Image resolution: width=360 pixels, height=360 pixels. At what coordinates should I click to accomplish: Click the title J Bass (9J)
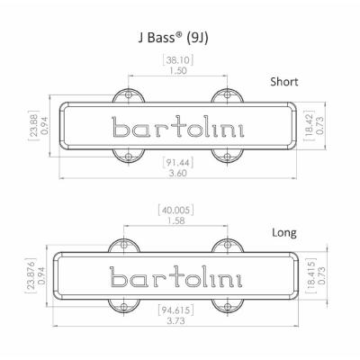(x=173, y=39)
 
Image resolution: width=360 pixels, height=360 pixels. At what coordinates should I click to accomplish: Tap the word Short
(x=284, y=82)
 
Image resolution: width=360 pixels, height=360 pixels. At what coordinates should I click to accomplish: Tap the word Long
(x=284, y=233)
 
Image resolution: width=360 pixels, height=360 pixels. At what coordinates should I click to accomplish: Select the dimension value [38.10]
(x=177, y=60)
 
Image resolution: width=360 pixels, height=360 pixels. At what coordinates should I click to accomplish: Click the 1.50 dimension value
(x=177, y=71)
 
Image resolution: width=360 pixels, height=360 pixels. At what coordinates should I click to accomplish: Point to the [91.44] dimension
(x=177, y=163)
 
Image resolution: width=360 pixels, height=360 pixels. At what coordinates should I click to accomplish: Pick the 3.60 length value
(x=177, y=174)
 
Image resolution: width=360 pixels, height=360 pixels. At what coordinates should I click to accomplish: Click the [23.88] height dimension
(x=33, y=125)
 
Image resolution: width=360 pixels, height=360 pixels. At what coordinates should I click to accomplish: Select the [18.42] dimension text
(x=310, y=125)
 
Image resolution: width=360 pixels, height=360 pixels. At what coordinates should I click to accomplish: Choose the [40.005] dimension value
(x=175, y=210)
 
